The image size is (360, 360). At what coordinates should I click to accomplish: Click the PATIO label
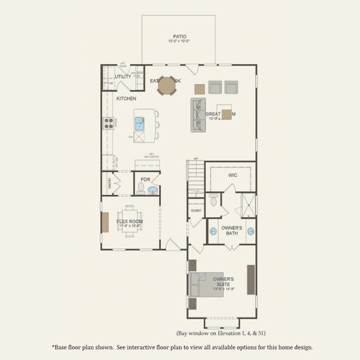click(x=179, y=37)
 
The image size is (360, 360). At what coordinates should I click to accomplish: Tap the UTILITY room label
click(x=122, y=77)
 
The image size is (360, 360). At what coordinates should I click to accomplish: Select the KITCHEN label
click(x=126, y=98)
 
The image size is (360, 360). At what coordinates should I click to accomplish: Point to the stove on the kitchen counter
click(x=110, y=123)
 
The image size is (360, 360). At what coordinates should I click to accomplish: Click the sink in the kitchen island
click(x=140, y=123)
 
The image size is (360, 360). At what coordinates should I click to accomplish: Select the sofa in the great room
click(x=198, y=115)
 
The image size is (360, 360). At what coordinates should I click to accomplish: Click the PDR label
click(x=145, y=179)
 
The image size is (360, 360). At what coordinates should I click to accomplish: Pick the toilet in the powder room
click(x=141, y=188)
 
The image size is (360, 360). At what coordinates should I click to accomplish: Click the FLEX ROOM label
click(x=130, y=221)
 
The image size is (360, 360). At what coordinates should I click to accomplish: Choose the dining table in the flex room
click(x=130, y=220)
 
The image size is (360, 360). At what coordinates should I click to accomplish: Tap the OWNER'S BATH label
click(x=232, y=230)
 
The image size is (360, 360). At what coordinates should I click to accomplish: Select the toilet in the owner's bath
click(x=214, y=200)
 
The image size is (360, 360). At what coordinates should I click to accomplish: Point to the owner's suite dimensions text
click(x=223, y=289)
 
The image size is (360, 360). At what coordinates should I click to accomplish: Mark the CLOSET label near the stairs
click(x=196, y=211)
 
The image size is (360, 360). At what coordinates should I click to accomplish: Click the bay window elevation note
click(x=222, y=332)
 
